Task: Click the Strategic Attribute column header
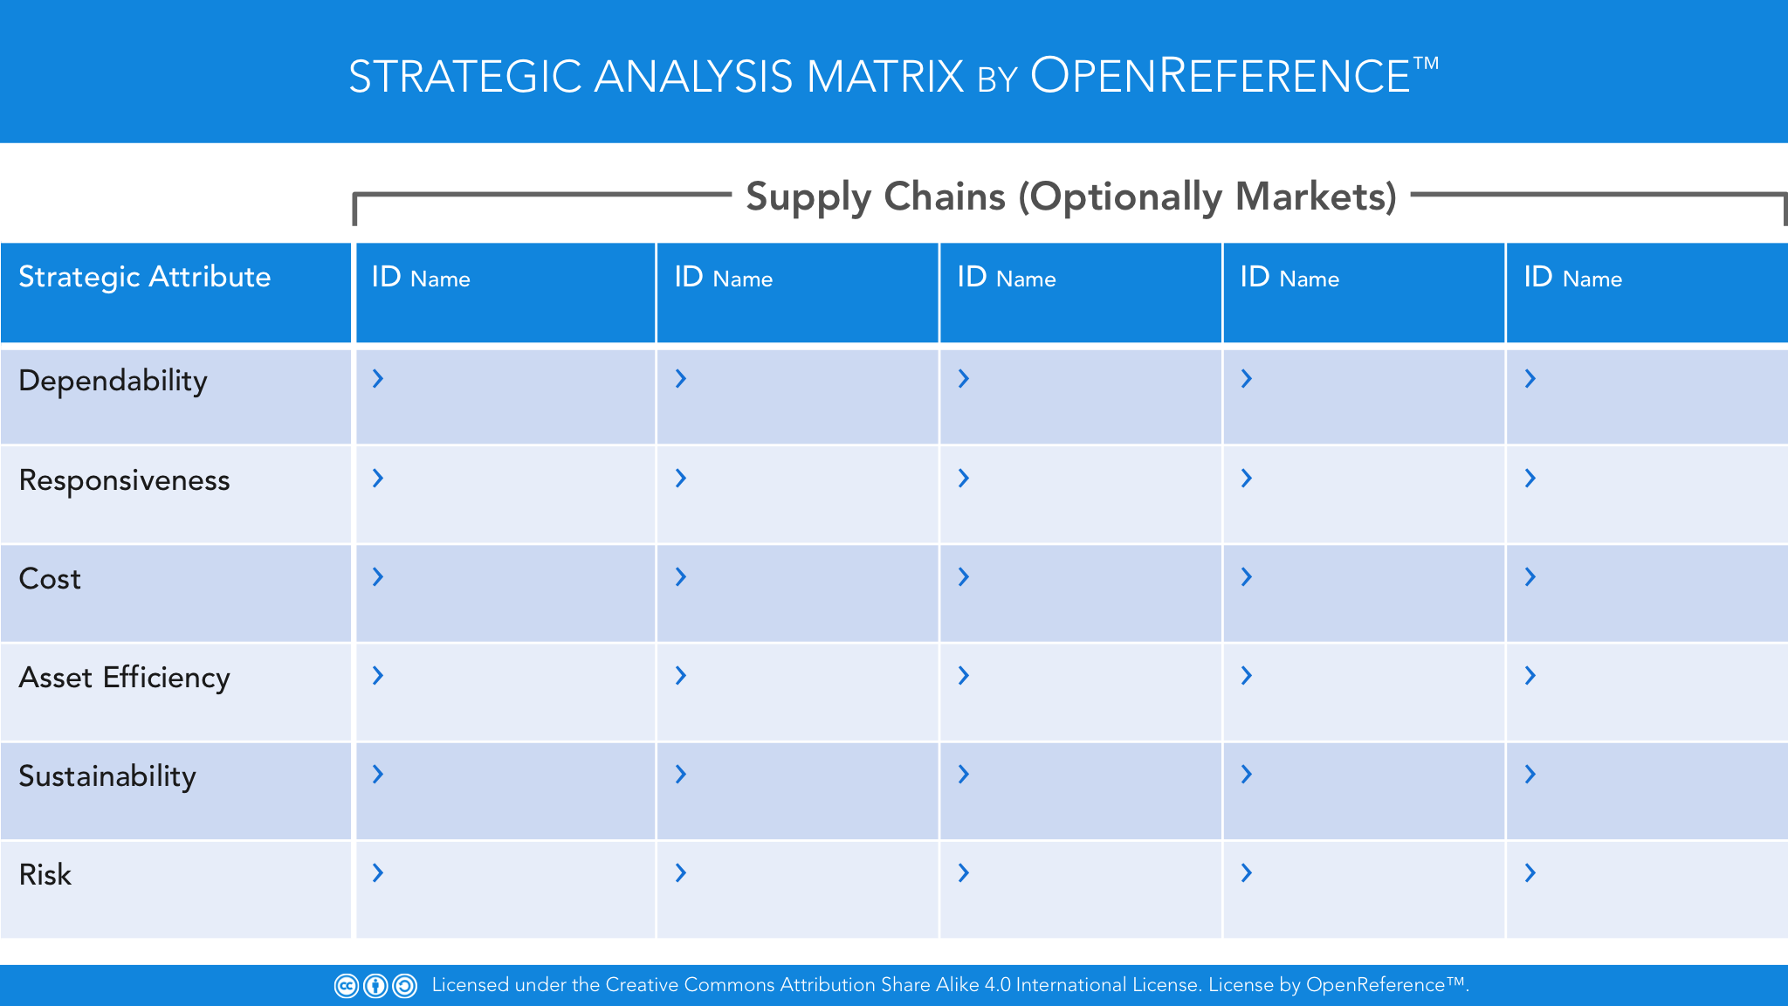tap(145, 277)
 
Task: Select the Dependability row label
tap(113, 381)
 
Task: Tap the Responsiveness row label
tap(125, 480)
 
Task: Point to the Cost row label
tap(50, 579)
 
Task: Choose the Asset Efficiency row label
tap(125, 678)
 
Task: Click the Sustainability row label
tap(107, 776)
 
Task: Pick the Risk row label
tap(45, 875)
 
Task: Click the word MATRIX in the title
tap(885, 77)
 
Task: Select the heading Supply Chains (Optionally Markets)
tap(1071, 197)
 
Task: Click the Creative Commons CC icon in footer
tap(347, 986)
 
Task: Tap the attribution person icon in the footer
tap(375, 986)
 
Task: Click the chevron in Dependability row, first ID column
tap(378, 378)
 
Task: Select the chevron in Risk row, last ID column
tap(1530, 872)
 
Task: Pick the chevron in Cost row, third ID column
tap(964, 576)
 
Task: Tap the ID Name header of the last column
tap(1573, 278)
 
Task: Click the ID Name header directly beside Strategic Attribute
tap(421, 278)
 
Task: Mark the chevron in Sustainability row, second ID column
tap(681, 774)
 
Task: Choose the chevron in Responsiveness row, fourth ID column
tap(1247, 478)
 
